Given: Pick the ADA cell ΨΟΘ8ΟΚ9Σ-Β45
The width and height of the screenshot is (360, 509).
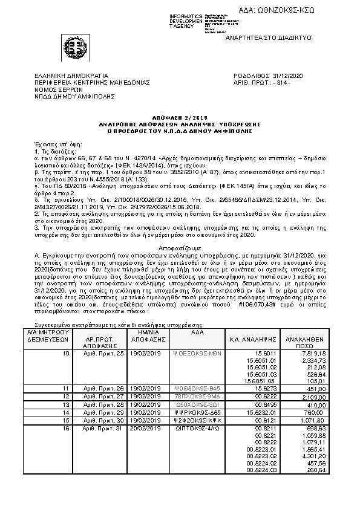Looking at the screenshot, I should point(193,387).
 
